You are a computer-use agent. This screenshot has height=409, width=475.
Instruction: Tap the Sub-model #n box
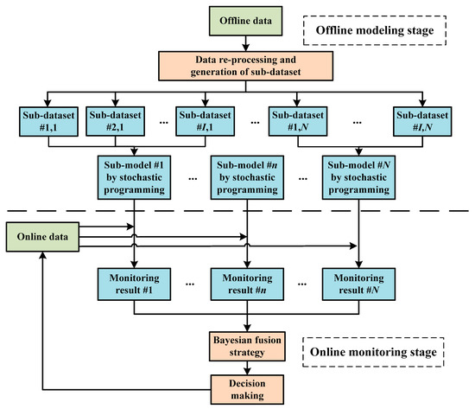pyautogui.click(x=249, y=176)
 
